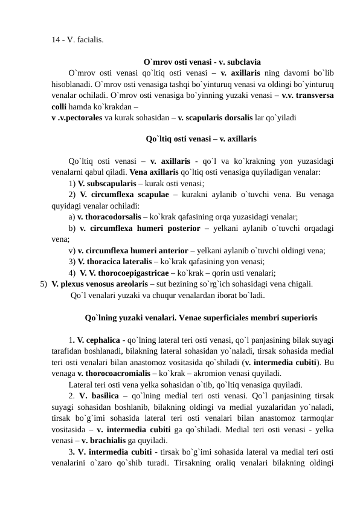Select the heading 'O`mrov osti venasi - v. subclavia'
[202, 62]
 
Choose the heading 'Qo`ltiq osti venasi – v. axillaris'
[201, 139]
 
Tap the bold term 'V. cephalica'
[98, 339]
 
